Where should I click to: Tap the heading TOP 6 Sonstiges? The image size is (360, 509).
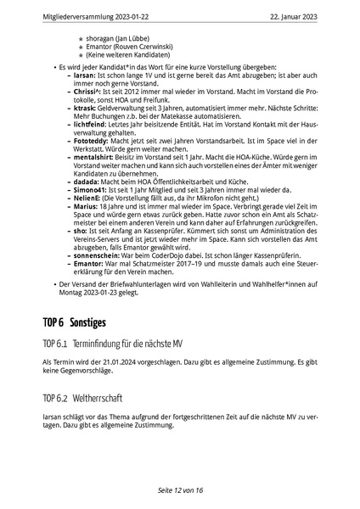click(x=87, y=299)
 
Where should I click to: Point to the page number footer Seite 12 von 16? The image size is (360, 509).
click(x=180, y=490)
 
